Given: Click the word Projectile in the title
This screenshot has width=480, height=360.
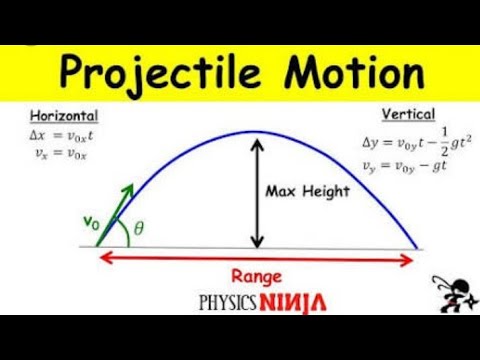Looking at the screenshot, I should coord(160,75).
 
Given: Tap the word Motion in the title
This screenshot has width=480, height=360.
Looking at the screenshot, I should coord(346,75).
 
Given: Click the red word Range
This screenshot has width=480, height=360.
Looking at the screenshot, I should coord(256,276).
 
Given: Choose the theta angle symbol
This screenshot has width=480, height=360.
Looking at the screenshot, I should coord(138,228).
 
